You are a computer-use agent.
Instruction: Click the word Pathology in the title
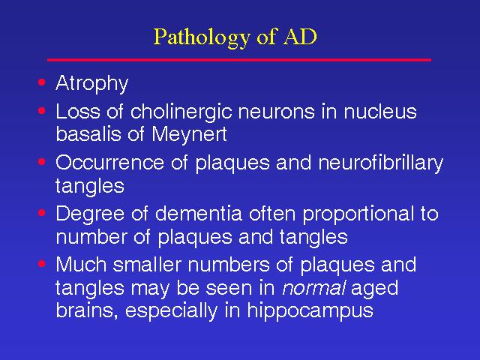click(x=202, y=38)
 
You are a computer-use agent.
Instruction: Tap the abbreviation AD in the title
click(x=300, y=37)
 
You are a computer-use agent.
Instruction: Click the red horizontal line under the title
click(x=239, y=60)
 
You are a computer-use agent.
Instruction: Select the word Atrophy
click(x=91, y=83)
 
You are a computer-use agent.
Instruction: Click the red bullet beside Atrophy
click(x=42, y=82)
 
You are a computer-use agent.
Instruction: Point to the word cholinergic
click(x=181, y=111)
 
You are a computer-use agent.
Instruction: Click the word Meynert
click(x=189, y=134)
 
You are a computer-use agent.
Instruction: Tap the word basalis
click(x=88, y=133)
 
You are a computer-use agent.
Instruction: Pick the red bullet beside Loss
click(x=42, y=110)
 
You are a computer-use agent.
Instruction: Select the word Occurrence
click(x=110, y=162)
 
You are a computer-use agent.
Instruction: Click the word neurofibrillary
click(x=380, y=163)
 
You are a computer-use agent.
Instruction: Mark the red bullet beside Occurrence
click(x=42, y=161)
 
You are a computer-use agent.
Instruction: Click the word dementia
click(x=199, y=213)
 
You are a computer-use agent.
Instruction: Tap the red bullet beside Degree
click(x=42, y=212)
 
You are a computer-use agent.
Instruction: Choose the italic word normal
click(x=313, y=288)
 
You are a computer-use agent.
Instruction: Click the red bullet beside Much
click(x=42, y=263)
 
